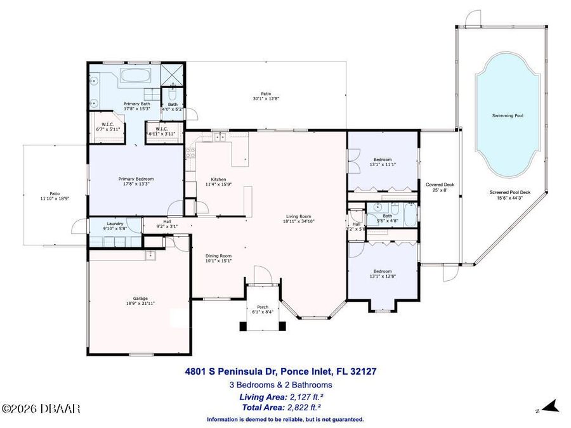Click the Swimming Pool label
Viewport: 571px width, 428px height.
pyautogui.click(x=508, y=116)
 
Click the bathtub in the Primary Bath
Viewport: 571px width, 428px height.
pyautogui.click(x=135, y=78)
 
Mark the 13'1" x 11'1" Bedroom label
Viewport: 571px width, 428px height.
pyautogui.click(x=382, y=162)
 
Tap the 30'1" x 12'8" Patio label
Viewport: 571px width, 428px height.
pyautogui.click(x=266, y=96)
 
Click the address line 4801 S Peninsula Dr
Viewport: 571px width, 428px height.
pyautogui.click(x=284, y=372)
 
